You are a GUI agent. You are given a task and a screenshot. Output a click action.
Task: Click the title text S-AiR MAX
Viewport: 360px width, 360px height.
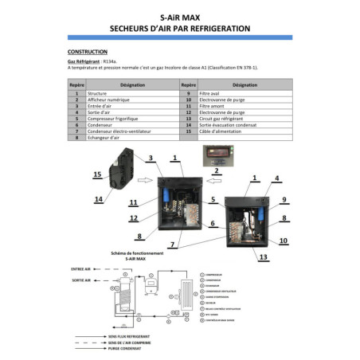pos(179,14)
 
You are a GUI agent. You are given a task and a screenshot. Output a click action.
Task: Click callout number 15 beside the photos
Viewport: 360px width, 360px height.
pos(96,174)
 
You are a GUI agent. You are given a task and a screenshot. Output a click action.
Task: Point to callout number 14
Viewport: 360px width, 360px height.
pos(98,199)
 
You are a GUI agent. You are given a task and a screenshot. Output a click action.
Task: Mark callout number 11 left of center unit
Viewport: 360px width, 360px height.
pos(134,202)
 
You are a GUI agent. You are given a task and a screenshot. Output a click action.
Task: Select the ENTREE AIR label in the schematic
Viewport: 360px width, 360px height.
pos(83,269)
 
